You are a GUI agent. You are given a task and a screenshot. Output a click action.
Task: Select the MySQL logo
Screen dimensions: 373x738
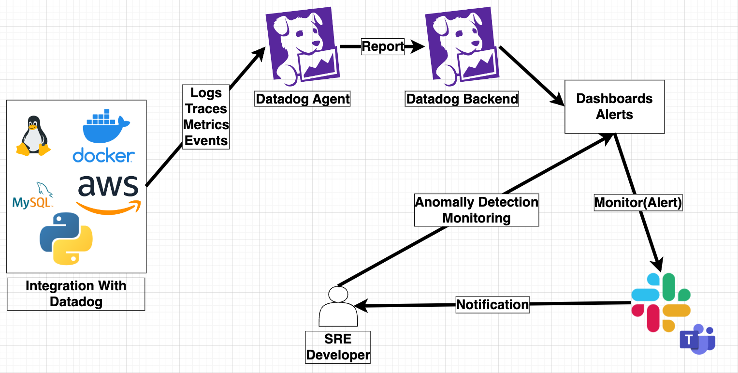32,196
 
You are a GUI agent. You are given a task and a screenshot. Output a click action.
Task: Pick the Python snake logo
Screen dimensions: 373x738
66,239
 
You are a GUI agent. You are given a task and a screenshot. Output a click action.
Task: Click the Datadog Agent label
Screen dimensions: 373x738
303,99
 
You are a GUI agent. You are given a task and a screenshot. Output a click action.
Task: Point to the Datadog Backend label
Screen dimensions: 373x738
462,99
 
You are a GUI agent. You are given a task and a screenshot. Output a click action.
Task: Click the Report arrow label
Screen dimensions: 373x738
383,46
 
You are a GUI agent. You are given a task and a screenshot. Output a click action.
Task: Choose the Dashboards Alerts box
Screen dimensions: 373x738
614,106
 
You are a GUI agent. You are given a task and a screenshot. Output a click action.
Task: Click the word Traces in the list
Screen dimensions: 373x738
206,108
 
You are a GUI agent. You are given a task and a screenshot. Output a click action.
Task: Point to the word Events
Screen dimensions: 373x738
206,140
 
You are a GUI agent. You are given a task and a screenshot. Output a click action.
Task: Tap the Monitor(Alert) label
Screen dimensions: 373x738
638,203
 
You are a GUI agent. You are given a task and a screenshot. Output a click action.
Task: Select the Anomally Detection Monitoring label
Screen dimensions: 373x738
477,210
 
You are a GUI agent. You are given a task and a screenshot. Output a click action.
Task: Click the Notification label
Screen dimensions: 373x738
492,305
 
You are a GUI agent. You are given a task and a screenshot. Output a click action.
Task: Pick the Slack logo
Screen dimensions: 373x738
661,302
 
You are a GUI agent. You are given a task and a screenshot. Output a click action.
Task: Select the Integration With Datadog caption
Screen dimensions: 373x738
76,294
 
